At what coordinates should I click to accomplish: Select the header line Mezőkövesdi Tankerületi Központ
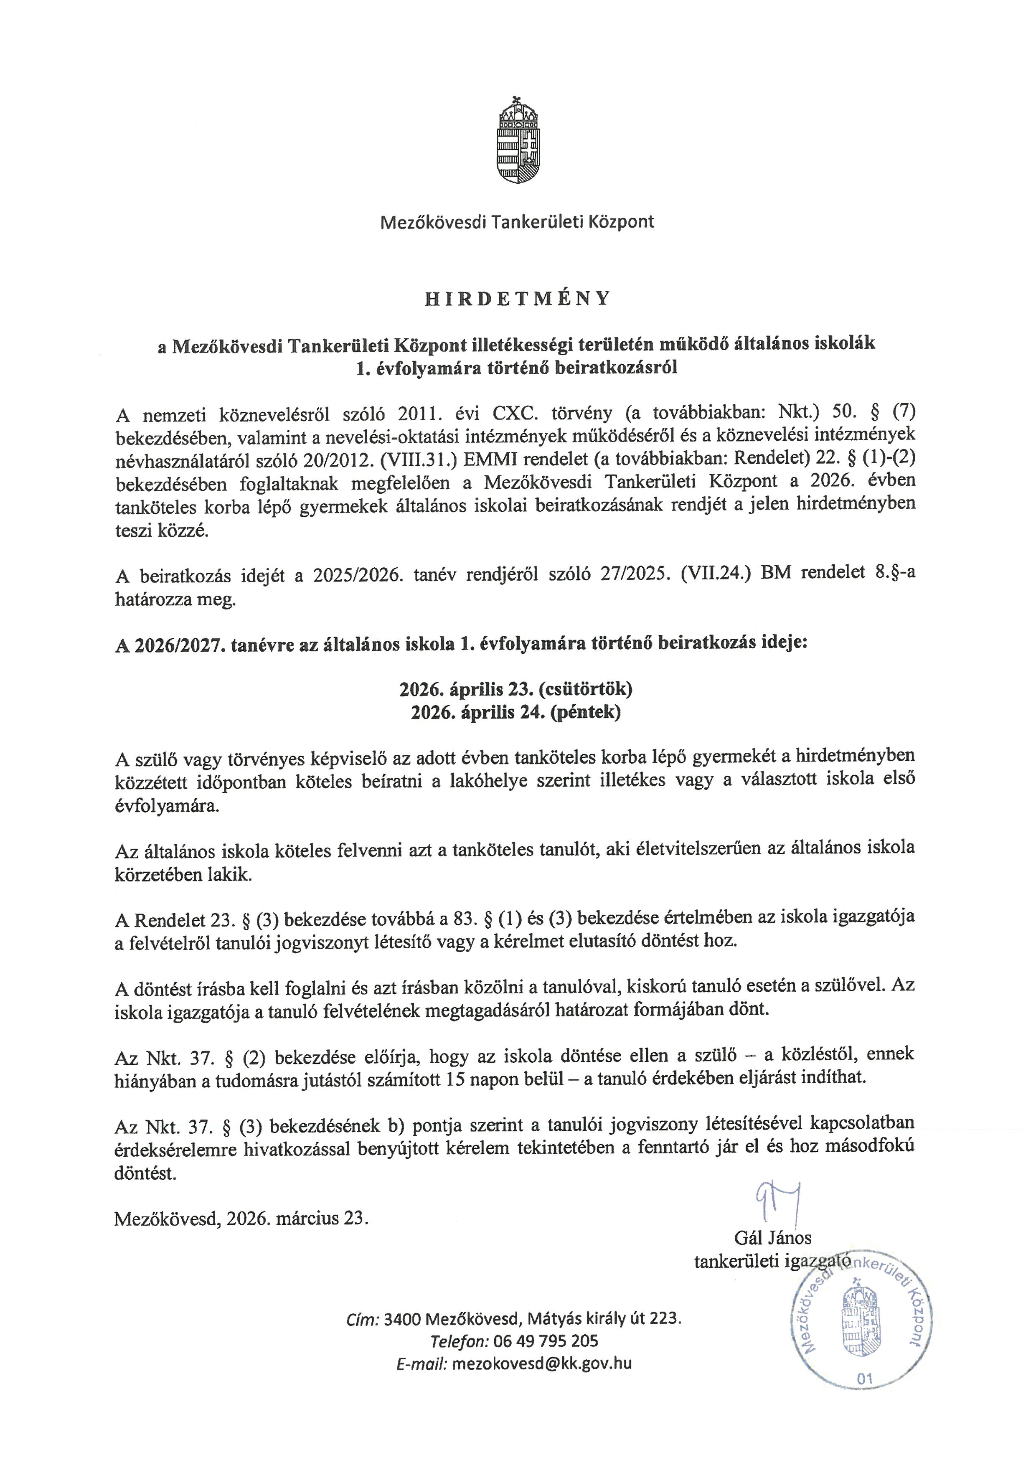click(x=517, y=222)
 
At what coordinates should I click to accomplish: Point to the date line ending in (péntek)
click(x=515, y=712)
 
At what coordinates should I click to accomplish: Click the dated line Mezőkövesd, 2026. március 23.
click(x=241, y=1219)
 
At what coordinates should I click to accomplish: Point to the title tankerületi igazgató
click(x=772, y=1262)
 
